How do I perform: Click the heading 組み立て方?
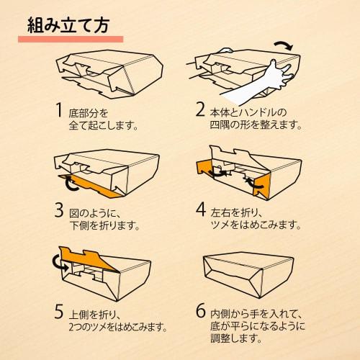(68, 25)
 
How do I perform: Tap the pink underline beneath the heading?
(71, 40)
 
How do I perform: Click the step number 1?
(59, 110)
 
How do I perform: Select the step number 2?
(200, 109)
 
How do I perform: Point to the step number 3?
(59, 210)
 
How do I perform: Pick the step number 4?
(201, 210)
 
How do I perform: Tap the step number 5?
(59, 312)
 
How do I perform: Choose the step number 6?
(201, 310)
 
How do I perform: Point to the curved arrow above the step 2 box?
(284, 44)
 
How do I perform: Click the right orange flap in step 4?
(261, 186)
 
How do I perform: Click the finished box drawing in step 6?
(248, 275)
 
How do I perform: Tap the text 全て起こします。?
(104, 125)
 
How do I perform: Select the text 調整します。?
(236, 338)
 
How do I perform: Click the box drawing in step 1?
(110, 74)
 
